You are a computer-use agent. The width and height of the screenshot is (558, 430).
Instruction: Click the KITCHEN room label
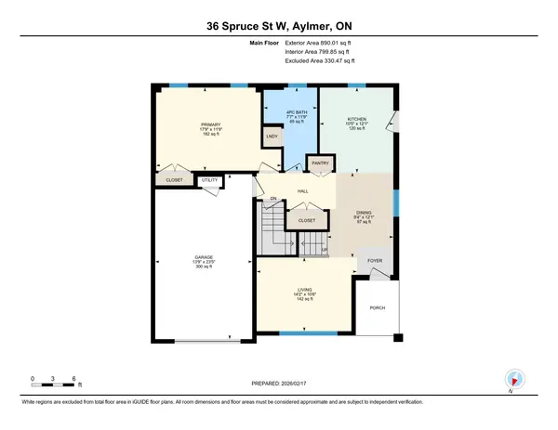pyautogui.click(x=358, y=121)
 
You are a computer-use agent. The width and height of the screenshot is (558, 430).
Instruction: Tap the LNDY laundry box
pyautogui.click(x=272, y=137)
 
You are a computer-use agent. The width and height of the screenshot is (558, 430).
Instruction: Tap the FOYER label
pyautogui.click(x=375, y=262)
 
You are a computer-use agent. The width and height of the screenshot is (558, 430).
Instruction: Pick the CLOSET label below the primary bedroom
pyautogui.click(x=174, y=179)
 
